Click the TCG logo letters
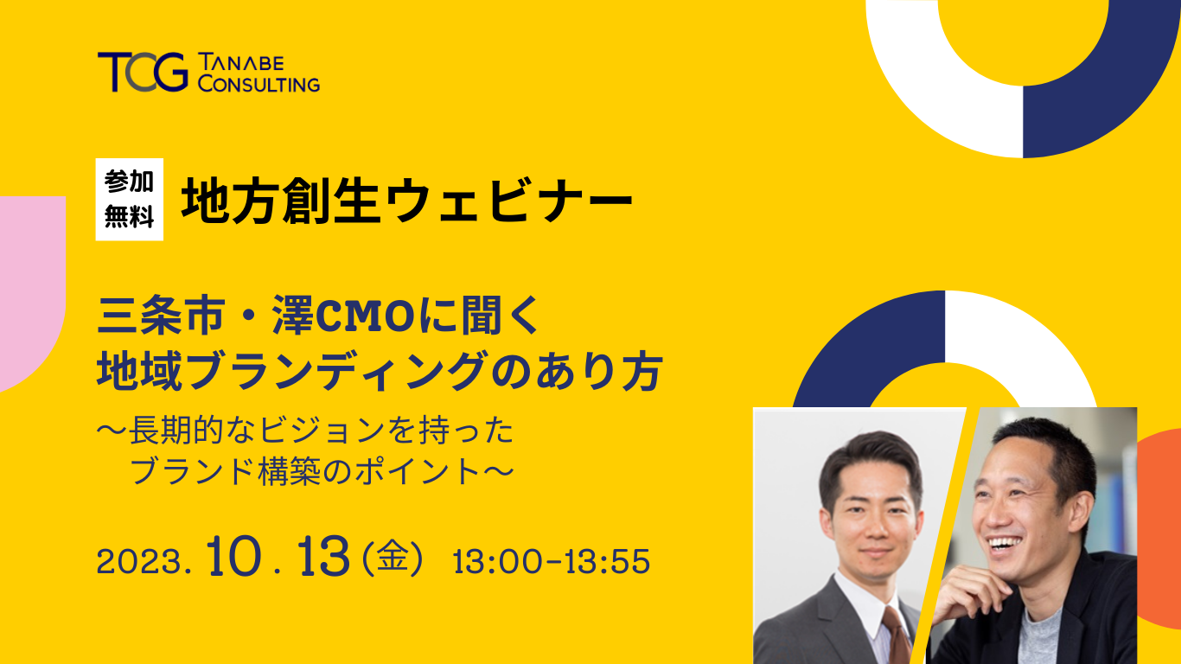143,72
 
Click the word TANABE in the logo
241,63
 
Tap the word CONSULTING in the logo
259,83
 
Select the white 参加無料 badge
129,200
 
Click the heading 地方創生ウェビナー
406,201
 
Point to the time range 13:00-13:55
551,561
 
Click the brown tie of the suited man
897,635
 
